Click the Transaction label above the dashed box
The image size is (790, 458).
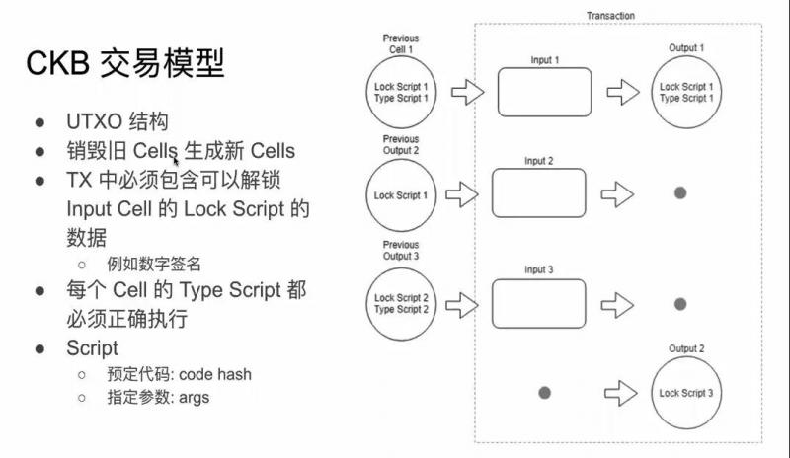(610, 16)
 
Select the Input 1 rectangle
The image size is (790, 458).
(544, 93)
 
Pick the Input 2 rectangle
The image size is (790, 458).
(538, 192)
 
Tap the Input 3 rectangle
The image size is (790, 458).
(538, 303)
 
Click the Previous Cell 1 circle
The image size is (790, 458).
(400, 93)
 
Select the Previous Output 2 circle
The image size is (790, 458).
(400, 194)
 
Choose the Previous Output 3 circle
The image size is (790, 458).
(400, 303)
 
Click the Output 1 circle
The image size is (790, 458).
(686, 93)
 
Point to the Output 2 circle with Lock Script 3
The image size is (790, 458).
(686, 393)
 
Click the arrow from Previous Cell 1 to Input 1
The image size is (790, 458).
(467, 93)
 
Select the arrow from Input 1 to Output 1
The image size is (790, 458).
(622, 93)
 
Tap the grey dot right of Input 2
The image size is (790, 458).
(680, 192)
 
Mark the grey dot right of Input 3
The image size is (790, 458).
(680, 303)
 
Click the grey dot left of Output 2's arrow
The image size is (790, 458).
(544, 393)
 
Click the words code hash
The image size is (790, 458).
(215, 374)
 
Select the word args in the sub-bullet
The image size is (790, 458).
(195, 397)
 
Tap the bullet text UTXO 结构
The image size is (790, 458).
(118, 122)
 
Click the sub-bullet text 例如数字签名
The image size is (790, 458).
(153, 264)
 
